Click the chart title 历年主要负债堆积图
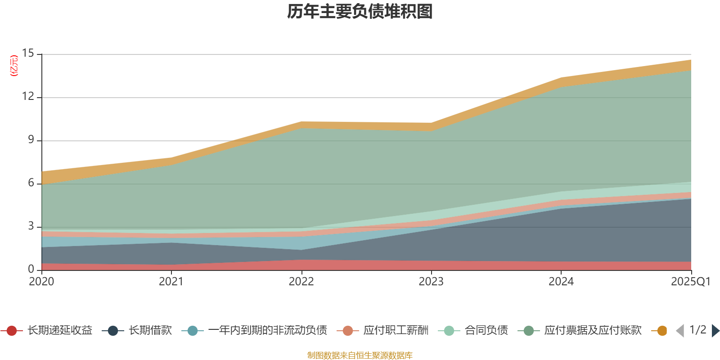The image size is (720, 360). pos(360,12)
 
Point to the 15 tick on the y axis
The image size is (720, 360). pos(28,54)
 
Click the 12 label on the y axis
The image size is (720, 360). pos(28,97)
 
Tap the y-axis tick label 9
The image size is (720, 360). pos(31,140)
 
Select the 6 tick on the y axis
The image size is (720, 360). pos(31,183)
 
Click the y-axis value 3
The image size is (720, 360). pos(31,226)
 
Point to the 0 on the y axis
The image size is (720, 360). pos(31,270)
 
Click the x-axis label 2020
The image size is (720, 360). pos(41,282)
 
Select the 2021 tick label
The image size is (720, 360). pos(171,282)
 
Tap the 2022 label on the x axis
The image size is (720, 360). pos(301,282)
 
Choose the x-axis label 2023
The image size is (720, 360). pos(431,282)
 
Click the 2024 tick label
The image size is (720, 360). pos(561,282)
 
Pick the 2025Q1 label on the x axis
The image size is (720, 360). pos(690,282)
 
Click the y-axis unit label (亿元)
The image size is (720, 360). pos(14,66)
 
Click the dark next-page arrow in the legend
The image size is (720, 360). pos(715,331)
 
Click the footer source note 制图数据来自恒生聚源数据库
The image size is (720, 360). pos(360,355)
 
